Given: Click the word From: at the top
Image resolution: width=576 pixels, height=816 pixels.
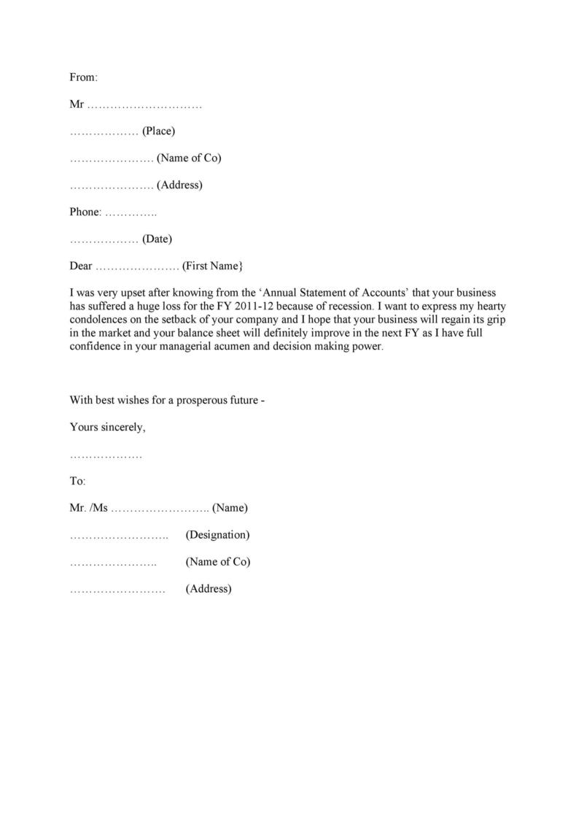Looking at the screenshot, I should (x=83, y=77).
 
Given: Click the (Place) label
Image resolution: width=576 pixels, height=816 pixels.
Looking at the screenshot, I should (x=158, y=131).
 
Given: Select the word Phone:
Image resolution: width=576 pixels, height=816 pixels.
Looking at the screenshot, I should (x=85, y=212).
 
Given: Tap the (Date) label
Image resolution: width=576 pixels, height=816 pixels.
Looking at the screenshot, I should (x=157, y=239).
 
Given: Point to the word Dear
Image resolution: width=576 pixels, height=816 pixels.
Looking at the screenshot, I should (x=81, y=266).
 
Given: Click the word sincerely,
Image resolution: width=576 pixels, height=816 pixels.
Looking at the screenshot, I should (x=122, y=427).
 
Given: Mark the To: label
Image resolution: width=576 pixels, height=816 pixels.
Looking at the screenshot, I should (x=78, y=481).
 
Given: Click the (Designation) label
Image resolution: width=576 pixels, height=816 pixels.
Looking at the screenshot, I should (x=217, y=534).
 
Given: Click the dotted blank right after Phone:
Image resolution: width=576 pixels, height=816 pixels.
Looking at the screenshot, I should (x=131, y=213).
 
